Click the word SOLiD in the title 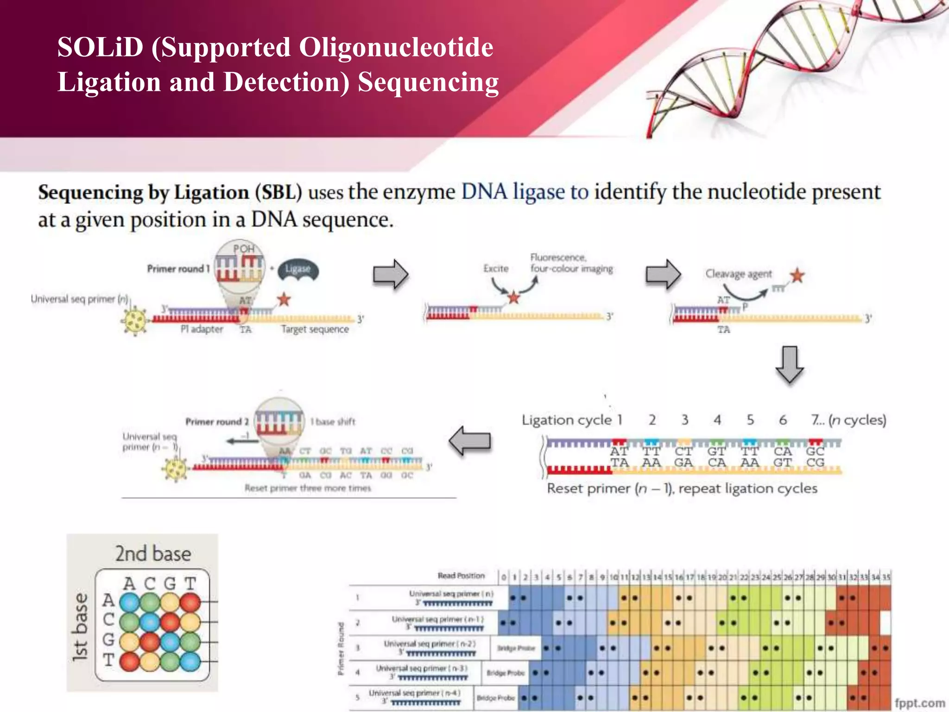(x=100, y=48)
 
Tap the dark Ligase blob (x=298, y=269)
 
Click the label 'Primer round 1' (x=178, y=269)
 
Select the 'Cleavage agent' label (x=739, y=274)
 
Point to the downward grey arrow (x=789, y=364)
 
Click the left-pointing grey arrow (x=470, y=441)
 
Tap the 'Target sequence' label (x=315, y=329)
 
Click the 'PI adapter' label (x=202, y=329)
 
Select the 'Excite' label (x=496, y=268)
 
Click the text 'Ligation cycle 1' (x=571, y=420)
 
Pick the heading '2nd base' (x=153, y=553)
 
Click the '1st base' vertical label (x=80, y=627)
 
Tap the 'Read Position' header (x=461, y=576)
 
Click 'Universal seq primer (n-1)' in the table (x=437, y=619)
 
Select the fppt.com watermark (x=920, y=703)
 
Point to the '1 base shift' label (x=333, y=422)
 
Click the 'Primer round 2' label (x=217, y=422)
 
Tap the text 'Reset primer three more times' (x=308, y=488)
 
